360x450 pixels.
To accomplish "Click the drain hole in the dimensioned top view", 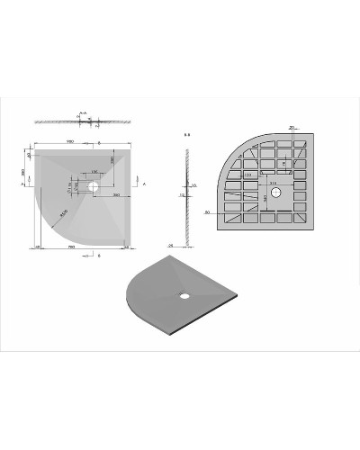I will [94, 186].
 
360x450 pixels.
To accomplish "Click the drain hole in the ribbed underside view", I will [275, 193].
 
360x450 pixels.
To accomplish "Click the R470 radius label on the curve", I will [64, 214].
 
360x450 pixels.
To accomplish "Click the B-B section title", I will [186, 136].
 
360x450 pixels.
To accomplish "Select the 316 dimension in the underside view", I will [272, 181].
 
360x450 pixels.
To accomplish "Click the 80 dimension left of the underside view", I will [208, 213].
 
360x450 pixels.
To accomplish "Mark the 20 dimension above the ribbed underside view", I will [292, 128].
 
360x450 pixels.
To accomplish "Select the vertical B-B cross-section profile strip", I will [186, 193].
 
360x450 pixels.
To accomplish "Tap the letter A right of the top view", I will [144, 183].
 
